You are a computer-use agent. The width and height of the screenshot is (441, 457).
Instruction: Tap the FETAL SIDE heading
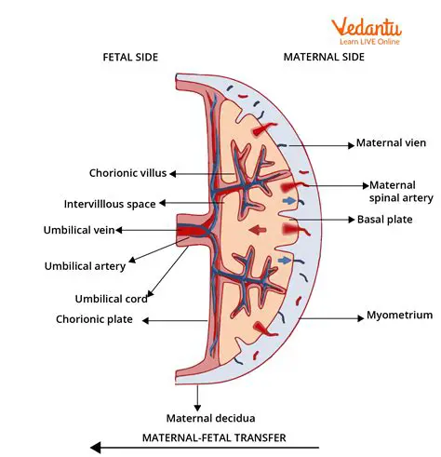pyautogui.click(x=130, y=57)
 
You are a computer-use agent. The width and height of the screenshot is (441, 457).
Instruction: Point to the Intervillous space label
pyautogui.click(x=110, y=203)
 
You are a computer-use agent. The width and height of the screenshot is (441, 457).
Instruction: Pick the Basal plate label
pyautogui.click(x=383, y=220)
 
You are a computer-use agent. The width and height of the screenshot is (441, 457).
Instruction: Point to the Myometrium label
pyautogui.click(x=399, y=316)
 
